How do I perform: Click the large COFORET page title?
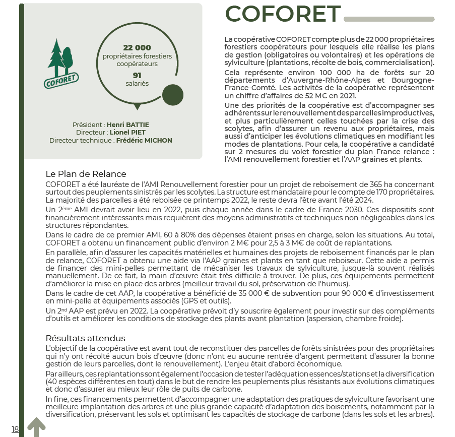[x=282, y=14]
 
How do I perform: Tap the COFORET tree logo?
[x=61, y=63]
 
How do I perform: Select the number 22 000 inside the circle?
[x=137, y=47]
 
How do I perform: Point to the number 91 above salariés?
[x=137, y=75]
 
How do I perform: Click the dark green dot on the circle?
[x=172, y=94]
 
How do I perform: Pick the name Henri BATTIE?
[x=128, y=124]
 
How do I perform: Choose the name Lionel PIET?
[x=127, y=133]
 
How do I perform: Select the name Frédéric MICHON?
[x=144, y=141]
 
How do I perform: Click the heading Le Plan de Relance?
[x=86, y=174]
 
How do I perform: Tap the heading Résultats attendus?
[x=85, y=338]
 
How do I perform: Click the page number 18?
[x=15, y=429]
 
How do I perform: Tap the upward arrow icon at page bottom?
[x=36, y=427]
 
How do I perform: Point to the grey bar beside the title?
[x=388, y=19]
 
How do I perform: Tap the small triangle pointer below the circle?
[x=137, y=107]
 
